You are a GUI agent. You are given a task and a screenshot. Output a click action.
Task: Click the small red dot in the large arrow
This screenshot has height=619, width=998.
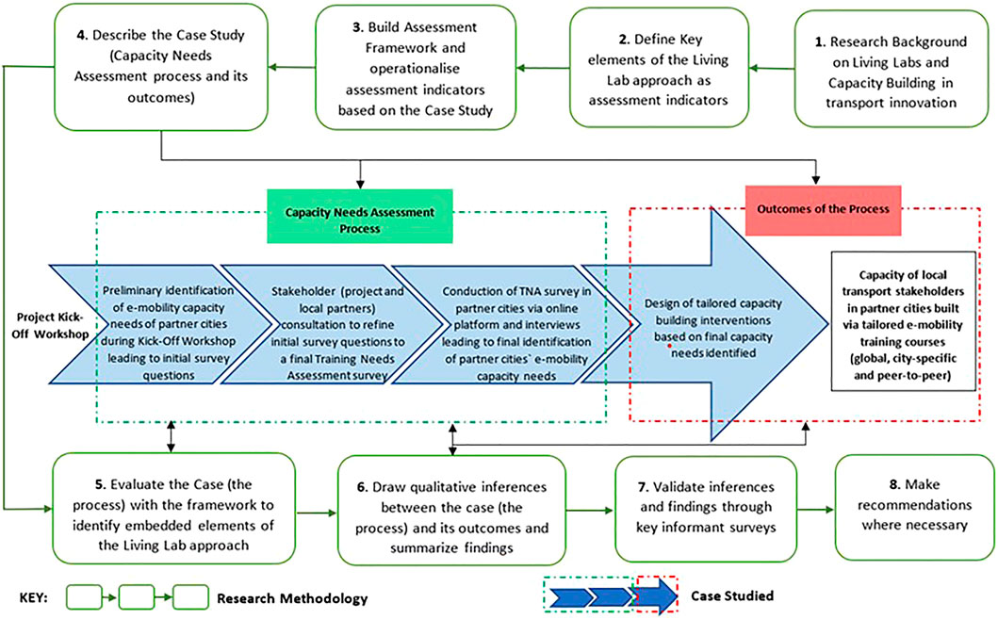pyautogui.click(x=670, y=348)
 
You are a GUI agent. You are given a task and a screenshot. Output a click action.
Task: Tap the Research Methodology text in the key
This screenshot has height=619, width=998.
pyautogui.click(x=291, y=598)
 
